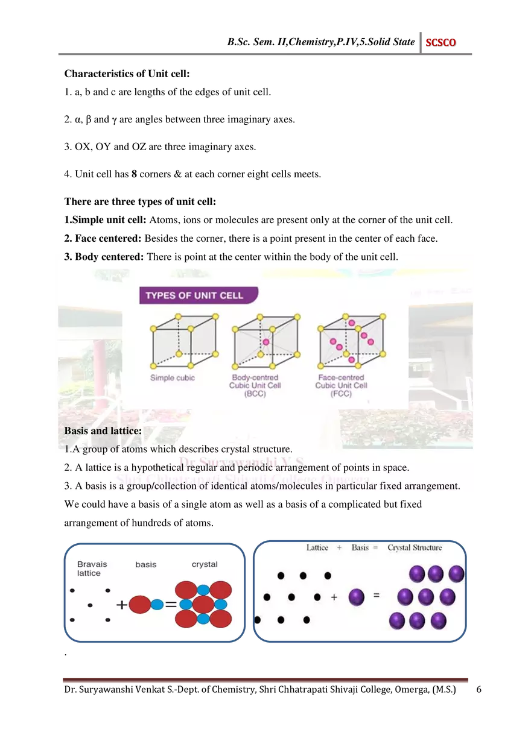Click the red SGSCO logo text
(x=440, y=43)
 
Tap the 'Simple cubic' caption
(x=172, y=378)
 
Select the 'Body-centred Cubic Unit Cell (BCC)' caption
(x=255, y=385)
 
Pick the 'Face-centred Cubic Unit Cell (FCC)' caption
(x=341, y=385)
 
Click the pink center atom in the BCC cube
(x=265, y=342)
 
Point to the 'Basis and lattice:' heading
(x=103, y=431)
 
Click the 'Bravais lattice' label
(x=92, y=569)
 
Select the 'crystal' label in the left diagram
(x=205, y=564)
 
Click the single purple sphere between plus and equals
(x=357, y=597)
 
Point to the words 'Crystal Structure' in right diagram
(x=415, y=547)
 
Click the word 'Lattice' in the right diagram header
(x=317, y=547)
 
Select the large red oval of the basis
(x=140, y=604)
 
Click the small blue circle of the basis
(x=157, y=604)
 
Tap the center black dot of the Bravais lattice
(x=90, y=605)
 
